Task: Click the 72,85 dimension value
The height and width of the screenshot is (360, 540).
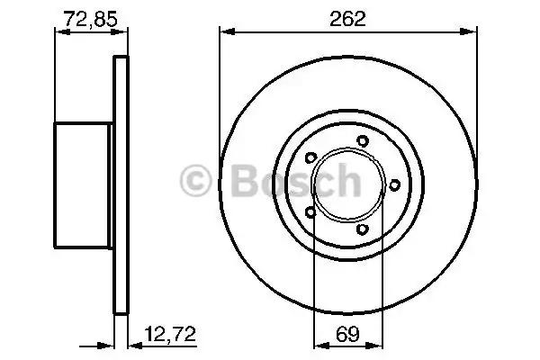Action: [91, 19]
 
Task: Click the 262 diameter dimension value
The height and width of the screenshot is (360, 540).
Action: [347, 19]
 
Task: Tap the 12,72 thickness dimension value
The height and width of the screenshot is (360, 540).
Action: [170, 334]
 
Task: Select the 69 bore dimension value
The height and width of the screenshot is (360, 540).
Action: [347, 334]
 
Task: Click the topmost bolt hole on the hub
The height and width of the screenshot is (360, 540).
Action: [363, 141]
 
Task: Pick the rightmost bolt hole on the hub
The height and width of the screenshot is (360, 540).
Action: [395, 185]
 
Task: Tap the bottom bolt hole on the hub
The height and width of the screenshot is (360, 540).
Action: [363, 229]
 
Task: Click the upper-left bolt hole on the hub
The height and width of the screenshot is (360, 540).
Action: [311, 157]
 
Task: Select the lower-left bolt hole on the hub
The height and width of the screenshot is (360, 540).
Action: [310, 212]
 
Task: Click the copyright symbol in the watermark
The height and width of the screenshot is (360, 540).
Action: [195, 181]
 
